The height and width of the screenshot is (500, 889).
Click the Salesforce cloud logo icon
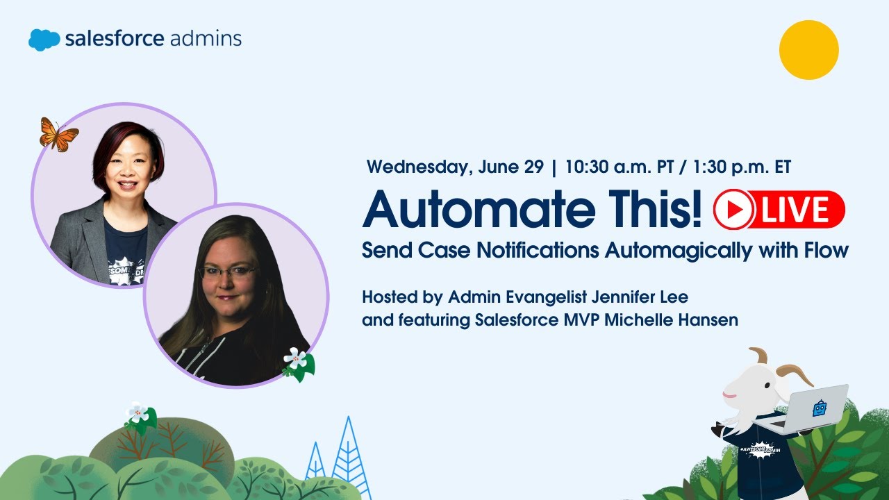[x=44, y=40]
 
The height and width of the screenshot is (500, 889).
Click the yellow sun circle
[x=808, y=50]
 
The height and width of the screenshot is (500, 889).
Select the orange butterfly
[x=58, y=134]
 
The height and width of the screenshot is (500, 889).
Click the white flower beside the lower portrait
[x=296, y=358]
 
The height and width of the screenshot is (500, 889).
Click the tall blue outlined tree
[x=351, y=458]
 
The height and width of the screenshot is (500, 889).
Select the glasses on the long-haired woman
[x=228, y=272]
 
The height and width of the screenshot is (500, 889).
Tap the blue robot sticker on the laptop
[x=821, y=408]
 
